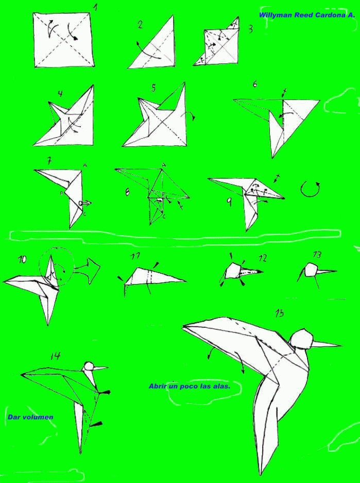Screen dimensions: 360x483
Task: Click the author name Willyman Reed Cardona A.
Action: click(307, 15)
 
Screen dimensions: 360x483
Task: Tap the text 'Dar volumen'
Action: click(30, 417)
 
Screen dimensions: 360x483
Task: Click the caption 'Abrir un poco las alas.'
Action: click(190, 386)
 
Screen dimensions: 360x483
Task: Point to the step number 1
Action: click(96, 7)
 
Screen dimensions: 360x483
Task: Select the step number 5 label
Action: click(153, 88)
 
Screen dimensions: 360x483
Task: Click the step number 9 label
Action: click(229, 202)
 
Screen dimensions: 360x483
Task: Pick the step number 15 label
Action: click(279, 313)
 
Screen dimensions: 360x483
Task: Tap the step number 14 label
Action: click(56, 356)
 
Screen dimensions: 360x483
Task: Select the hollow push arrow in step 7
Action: click(85, 203)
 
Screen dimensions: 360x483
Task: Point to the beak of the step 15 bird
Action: click(327, 344)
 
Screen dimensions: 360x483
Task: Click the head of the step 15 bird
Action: click(301, 338)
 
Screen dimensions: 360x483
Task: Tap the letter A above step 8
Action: click(164, 165)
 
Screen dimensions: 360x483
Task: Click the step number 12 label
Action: click(263, 258)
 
